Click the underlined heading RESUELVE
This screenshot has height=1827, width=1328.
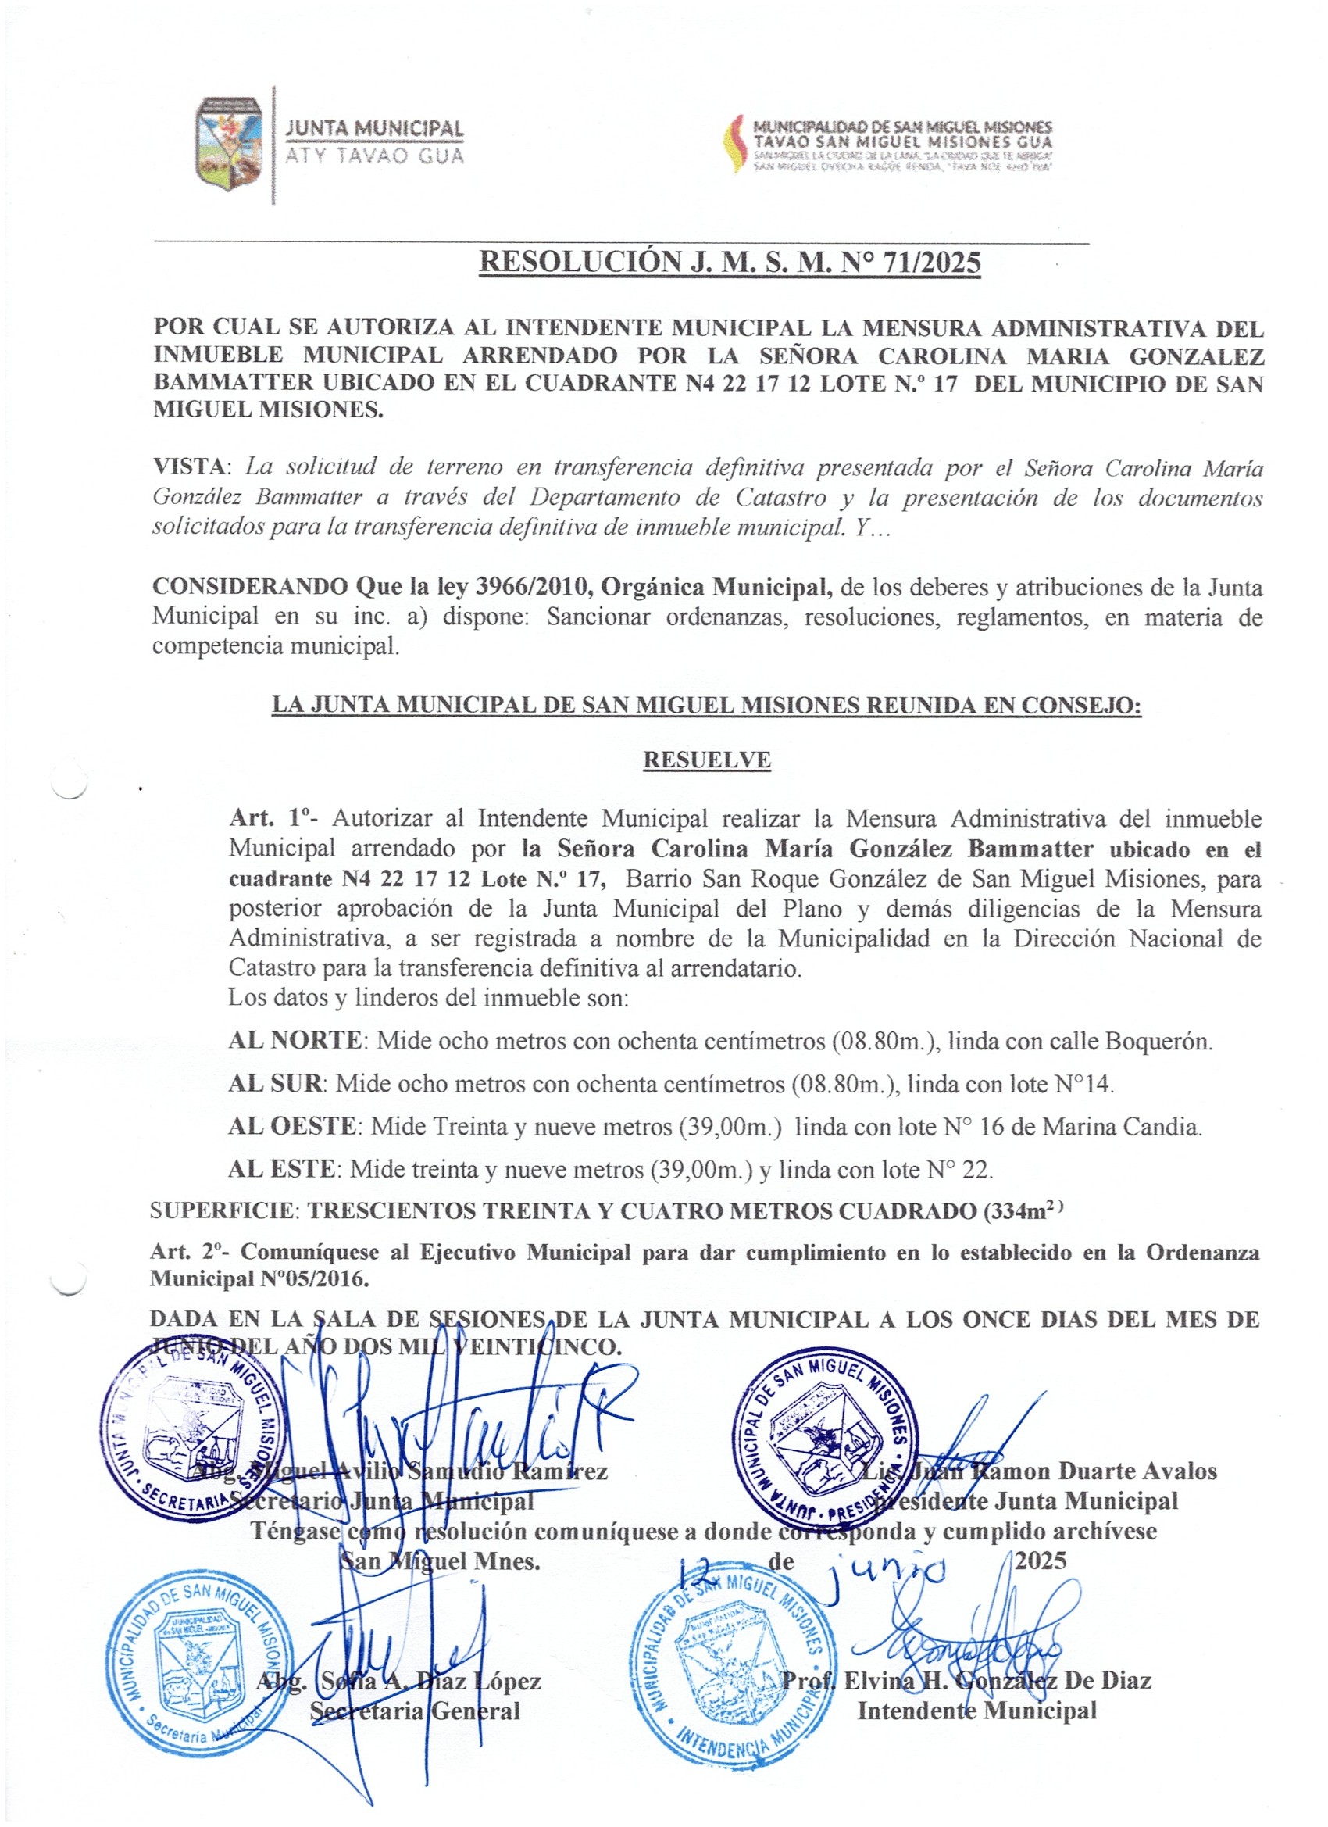click(706, 760)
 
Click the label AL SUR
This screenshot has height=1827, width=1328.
click(275, 1084)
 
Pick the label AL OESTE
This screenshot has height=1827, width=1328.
click(291, 1126)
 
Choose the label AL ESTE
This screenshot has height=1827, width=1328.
click(281, 1169)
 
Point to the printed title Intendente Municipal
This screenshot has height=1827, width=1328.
click(976, 1711)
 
